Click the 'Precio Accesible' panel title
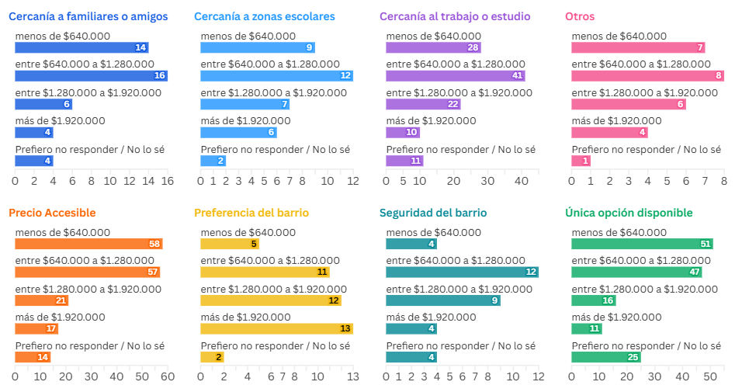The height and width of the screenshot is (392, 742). coord(52,213)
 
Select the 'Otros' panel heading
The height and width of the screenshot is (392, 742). coord(580,16)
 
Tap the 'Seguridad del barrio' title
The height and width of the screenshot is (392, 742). coord(433,213)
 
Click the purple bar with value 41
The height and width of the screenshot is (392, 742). coord(455,76)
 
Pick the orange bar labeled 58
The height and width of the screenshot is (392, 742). coord(88,244)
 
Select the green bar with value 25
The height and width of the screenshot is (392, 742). coord(605,357)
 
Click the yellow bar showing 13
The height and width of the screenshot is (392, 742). coord(276,328)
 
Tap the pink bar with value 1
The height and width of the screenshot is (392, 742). coord(581,161)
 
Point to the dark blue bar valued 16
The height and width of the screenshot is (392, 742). coord(91,76)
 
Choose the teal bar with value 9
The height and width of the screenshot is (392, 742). coord(442,300)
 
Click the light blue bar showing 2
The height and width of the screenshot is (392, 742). coord(213,161)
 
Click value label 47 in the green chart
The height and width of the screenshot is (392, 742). coord(695,272)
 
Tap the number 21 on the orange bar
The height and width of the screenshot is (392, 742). coord(61,300)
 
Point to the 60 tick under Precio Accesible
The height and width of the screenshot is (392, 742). coord(167,376)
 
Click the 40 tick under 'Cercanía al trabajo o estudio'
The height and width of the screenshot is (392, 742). coord(522,180)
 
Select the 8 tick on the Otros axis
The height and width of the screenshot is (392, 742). coord(723,180)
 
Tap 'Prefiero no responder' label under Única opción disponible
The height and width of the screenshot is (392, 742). coord(646,345)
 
